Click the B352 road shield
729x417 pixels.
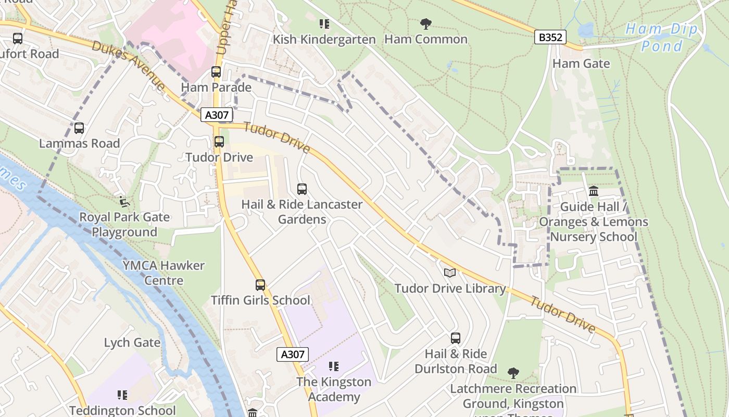(550, 37)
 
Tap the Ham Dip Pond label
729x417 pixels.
(661, 38)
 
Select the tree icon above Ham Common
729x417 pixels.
(426, 23)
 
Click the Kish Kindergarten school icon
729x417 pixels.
(324, 24)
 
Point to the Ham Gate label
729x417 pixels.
(581, 64)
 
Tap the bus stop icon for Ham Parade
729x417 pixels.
(216, 72)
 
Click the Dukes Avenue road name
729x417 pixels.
(129, 65)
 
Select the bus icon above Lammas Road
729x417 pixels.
(79, 128)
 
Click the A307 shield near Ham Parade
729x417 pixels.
(217, 115)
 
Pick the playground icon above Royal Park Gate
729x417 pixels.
(124, 201)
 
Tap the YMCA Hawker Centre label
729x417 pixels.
(164, 273)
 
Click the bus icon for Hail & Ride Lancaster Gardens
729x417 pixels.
(302, 189)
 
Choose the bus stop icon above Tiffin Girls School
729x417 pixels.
(260, 285)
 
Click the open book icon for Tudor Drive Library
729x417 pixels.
(450, 273)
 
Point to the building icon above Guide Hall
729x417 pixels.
(593, 191)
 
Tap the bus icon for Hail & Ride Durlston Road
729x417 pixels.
(456, 338)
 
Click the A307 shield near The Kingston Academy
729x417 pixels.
(292, 354)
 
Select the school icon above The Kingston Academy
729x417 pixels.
(334, 366)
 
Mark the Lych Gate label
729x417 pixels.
(132, 342)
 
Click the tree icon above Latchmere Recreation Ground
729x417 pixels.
(513, 373)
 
